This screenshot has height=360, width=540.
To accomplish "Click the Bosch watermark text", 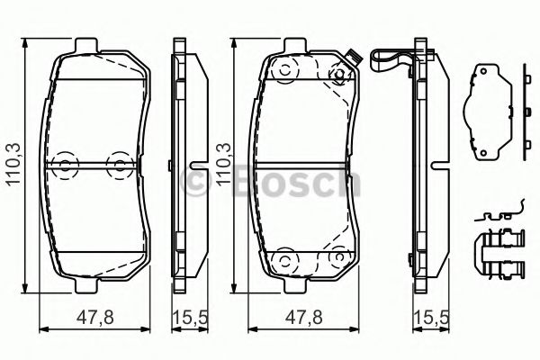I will (x=270, y=184).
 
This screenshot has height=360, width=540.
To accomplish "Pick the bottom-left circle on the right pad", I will (x=283, y=261).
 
